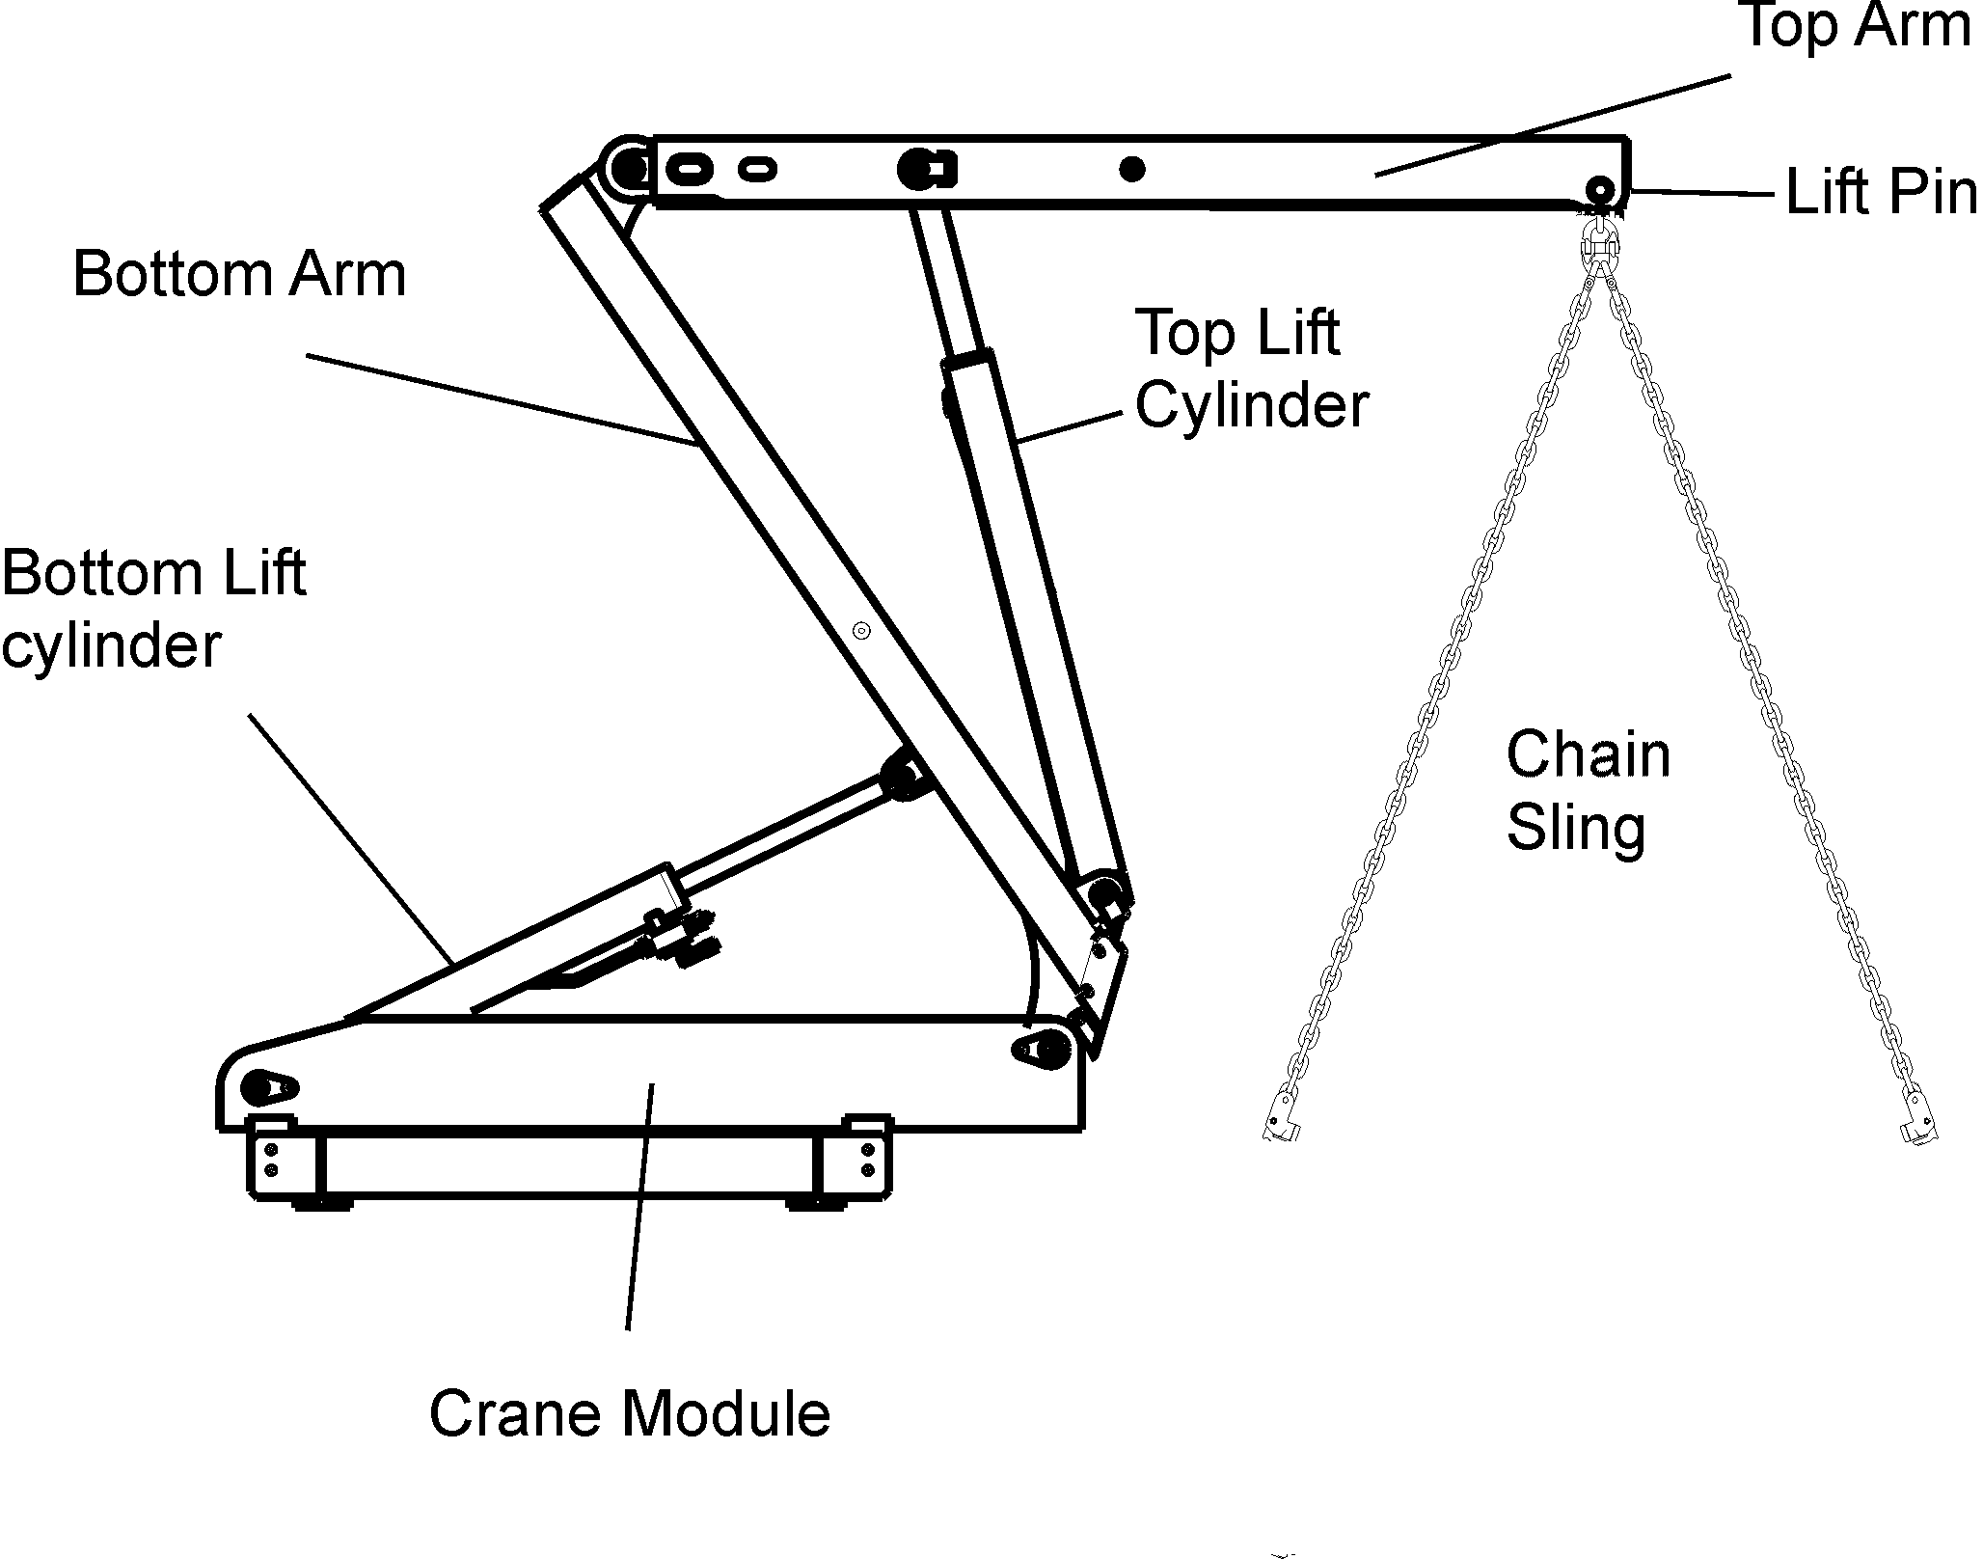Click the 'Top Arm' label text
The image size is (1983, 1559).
point(1854,26)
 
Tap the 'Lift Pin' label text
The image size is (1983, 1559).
point(1880,192)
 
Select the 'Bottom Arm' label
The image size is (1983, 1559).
point(239,274)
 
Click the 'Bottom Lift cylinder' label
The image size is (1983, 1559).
point(152,609)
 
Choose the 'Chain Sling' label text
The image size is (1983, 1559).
point(1588,790)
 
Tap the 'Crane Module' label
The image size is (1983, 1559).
point(629,1414)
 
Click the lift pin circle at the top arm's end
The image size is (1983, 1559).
point(1601,188)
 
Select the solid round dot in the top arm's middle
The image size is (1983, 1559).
point(1132,170)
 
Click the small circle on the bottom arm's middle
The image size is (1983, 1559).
point(862,631)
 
